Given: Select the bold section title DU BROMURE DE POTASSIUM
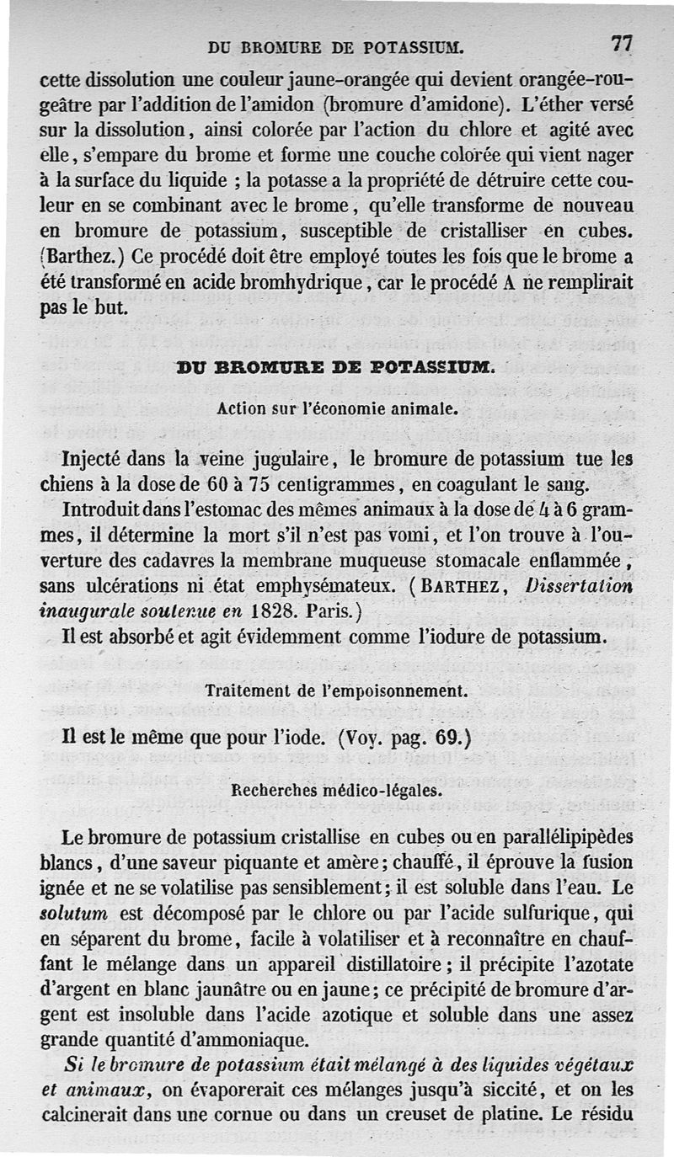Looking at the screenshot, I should [334, 366].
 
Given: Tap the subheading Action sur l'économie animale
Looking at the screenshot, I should [336, 409].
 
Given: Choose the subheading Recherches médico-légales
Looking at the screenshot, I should [336, 792].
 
